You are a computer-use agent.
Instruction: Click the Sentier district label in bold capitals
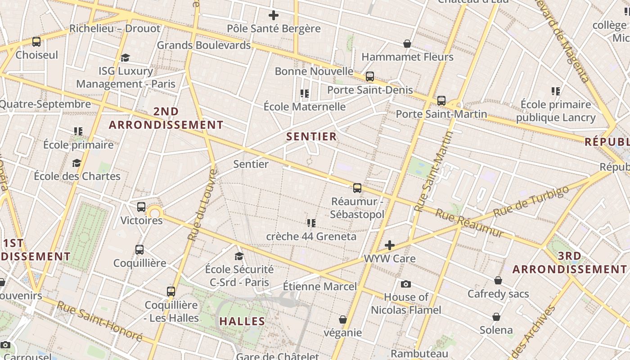311,137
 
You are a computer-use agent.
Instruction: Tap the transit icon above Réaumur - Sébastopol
357,188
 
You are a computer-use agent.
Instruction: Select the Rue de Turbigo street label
531,201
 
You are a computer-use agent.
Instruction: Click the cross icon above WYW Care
390,245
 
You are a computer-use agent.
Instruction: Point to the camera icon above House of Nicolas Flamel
406,284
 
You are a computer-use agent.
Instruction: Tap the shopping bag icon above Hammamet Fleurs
407,44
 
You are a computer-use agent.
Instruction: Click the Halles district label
242,321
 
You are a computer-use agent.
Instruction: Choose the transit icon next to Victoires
141,207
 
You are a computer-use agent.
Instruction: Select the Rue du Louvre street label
202,205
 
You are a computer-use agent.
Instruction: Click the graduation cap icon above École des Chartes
77,163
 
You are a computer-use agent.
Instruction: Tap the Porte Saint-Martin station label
441,114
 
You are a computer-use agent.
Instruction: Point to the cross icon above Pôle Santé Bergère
274,16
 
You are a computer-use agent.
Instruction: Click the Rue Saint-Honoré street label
99,321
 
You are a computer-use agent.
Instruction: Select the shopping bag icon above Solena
496,317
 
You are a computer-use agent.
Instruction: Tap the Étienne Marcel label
319,286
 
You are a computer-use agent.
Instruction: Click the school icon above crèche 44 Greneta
311,223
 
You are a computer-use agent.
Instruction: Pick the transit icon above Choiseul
36,42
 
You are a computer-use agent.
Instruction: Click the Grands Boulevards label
203,45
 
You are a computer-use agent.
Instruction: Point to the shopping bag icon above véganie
343,319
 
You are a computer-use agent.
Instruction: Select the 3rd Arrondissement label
570,263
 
